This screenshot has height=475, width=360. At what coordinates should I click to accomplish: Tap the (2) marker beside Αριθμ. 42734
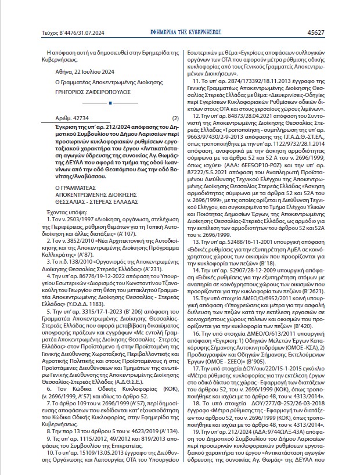point(175,117)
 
